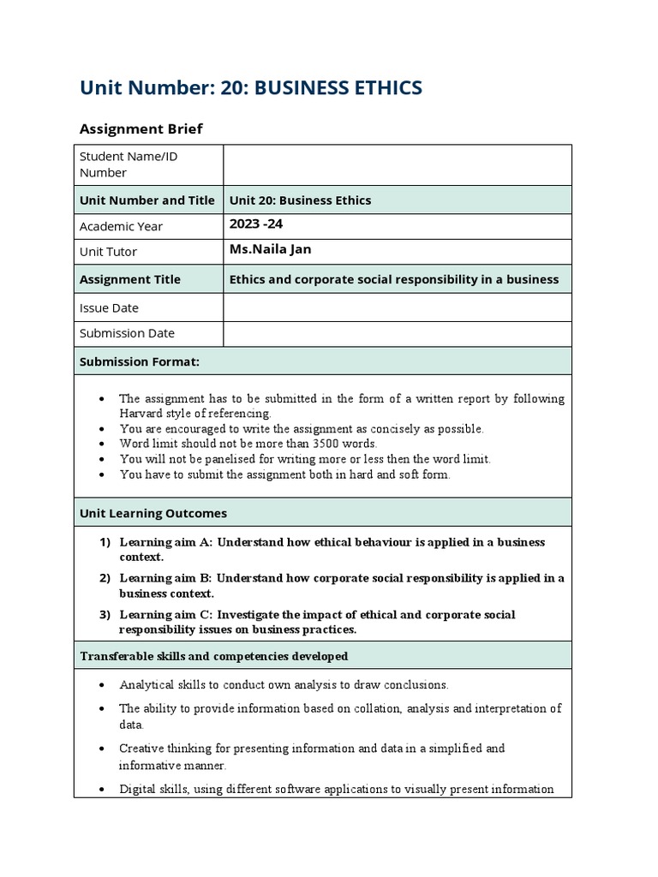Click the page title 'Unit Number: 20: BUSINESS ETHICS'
[x=250, y=87]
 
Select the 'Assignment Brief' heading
[x=141, y=128]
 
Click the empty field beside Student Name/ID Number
[x=397, y=164]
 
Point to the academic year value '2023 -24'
[x=255, y=224]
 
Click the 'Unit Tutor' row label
[x=108, y=252]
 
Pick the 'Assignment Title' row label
[x=130, y=279]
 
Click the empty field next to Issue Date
[x=397, y=307]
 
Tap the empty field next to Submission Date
[x=397, y=333]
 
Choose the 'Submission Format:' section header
[x=140, y=361]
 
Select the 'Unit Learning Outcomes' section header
[x=153, y=513]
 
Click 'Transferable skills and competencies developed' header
[x=213, y=656]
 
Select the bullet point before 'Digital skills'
[x=102, y=790]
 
